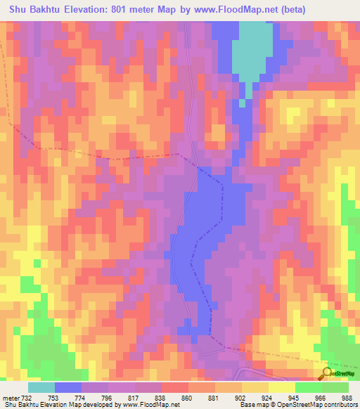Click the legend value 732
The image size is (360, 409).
point(26,398)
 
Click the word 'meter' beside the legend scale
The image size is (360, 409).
point(10,398)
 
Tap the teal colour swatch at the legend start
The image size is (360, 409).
point(41,387)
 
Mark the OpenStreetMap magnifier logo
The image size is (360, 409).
point(327,373)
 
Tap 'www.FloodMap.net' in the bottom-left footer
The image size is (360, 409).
point(150,405)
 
